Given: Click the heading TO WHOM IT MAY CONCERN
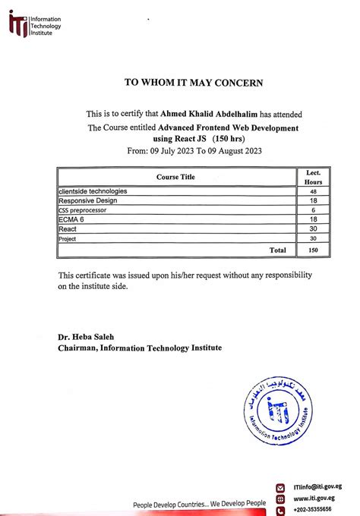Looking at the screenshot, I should click(x=194, y=82).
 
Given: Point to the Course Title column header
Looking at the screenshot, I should click(x=175, y=177).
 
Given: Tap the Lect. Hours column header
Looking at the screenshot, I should click(x=313, y=178).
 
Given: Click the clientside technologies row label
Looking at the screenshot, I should click(x=93, y=191).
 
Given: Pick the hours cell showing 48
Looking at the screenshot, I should click(x=313, y=192).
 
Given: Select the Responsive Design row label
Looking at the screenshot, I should click(x=86, y=200).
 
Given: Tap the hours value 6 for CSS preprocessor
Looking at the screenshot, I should click(x=313, y=210).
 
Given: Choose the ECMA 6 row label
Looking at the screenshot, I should click(x=74, y=219).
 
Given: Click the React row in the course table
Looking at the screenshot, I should click(x=69, y=228).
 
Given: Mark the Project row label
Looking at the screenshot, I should click(x=68, y=238).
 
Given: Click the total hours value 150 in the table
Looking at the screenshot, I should click(x=313, y=250).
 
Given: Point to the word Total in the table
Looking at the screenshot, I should click(x=278, y=250).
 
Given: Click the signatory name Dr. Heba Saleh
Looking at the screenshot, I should click(x=89, y=336).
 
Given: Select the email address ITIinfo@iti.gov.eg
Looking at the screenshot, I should click(x=317, y=486).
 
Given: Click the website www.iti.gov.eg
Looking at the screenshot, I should click(x=314, y=498).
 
